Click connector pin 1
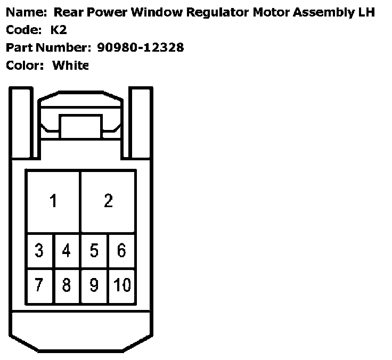click(53, 202)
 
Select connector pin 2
click(108, 202)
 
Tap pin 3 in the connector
click(39, 250)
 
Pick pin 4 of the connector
click(67, 250)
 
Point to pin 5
click(94, 250)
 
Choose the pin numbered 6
click(121, 250)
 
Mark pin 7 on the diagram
click(39, 285)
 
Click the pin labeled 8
click(67, 285)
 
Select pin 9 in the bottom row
click(94, 285)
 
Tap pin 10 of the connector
click(122, 285)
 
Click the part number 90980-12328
click(141, 47)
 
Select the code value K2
click(59, 30)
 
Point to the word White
click(70, 66)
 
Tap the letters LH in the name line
click(367, 12)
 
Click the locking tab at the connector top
click(81, 127)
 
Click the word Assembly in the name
click(317, 12)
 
